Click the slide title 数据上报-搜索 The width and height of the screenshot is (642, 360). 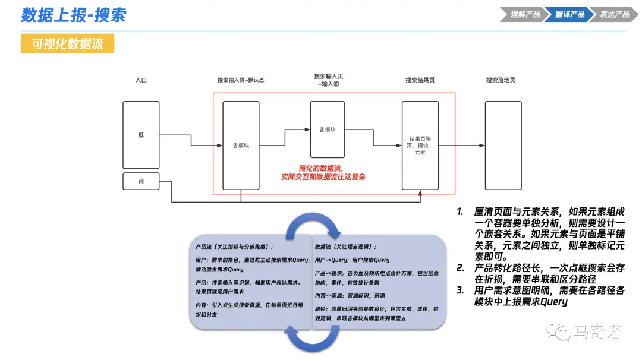pyautogui.click(x=74, y=15)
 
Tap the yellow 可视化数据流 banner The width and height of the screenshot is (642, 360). pyautogui.click(x=67, y=44)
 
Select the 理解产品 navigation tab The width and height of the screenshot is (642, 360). pyautogui.click(x=525, y=14)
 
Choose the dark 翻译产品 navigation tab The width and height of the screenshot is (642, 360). pyautogui.click(x=569, y=14)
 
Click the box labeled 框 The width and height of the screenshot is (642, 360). pyautogui.click(x=141, y=135)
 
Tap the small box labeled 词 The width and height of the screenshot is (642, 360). pyautogui.click(x=141, y=181)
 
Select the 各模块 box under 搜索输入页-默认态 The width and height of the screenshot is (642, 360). pyautogui.click(x=241, y=146)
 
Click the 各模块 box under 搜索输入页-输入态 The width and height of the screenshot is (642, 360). pyautogui.click(x=328, y=130)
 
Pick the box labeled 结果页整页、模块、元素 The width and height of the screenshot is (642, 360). pyautogui.click(x=420, y=146)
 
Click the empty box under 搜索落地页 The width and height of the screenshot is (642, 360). pyautogui.click(x=503, y=146)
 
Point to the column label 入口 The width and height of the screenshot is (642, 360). pyautogui.click(x=141, y=80)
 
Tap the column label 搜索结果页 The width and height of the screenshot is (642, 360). pyautogui.click(x=420, y=80)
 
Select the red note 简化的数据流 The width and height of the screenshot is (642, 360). pyautogui.click(x=323, y=172)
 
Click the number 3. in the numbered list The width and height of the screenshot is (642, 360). pyautogui.click(x=460, y=290)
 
